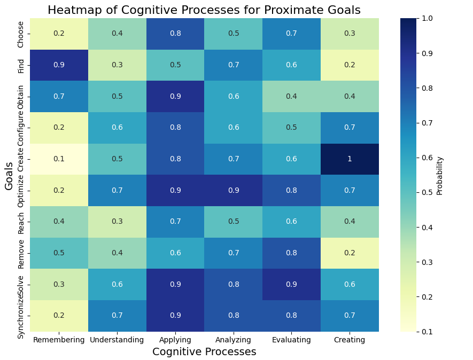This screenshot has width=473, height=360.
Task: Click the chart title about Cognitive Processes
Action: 204,10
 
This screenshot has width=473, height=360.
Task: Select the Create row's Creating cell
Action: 350,159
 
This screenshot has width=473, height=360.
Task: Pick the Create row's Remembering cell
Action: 58,159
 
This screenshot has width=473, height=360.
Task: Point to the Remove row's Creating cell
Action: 350,253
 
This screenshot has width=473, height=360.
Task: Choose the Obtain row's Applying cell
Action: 175,97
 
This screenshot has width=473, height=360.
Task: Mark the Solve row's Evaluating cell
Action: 291,285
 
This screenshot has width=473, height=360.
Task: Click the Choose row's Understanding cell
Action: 117,34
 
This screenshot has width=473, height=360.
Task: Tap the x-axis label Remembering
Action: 58,340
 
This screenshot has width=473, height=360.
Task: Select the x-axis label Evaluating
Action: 291,340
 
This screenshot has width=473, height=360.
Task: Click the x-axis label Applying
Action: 175,340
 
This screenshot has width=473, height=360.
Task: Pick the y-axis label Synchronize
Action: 21,316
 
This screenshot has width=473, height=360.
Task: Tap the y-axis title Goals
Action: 10,175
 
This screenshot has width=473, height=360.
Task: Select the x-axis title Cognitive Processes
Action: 204,352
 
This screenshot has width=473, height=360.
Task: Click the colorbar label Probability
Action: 440,175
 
